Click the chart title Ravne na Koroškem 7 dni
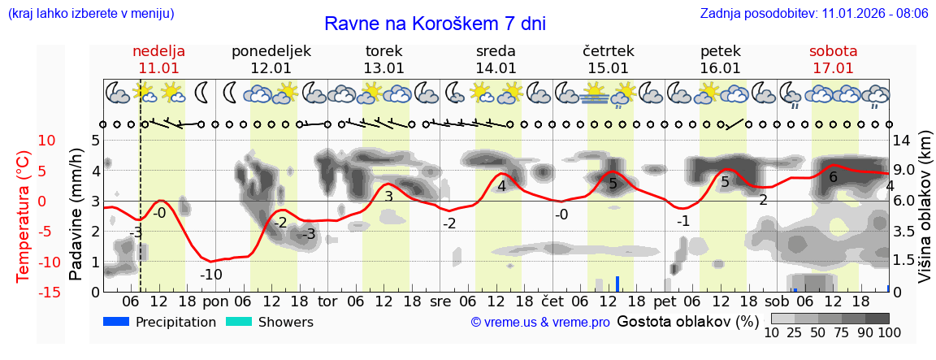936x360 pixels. [435, 24]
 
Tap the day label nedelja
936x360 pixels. [158, 51]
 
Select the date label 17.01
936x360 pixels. [833, 68]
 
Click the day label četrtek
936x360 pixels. [609, 51]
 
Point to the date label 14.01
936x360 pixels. [496, 68]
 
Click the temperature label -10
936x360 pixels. [211, 275]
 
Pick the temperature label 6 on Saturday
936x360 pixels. [833, 176]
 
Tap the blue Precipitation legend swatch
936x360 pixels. [116, 322]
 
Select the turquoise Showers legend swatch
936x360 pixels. [238, 322]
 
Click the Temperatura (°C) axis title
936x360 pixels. [24, 215]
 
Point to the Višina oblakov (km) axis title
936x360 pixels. [925, 215]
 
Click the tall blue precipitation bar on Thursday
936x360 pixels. [617, 284]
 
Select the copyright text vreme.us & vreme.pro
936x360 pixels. [539, 323]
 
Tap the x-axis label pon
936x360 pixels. [216, 301]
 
